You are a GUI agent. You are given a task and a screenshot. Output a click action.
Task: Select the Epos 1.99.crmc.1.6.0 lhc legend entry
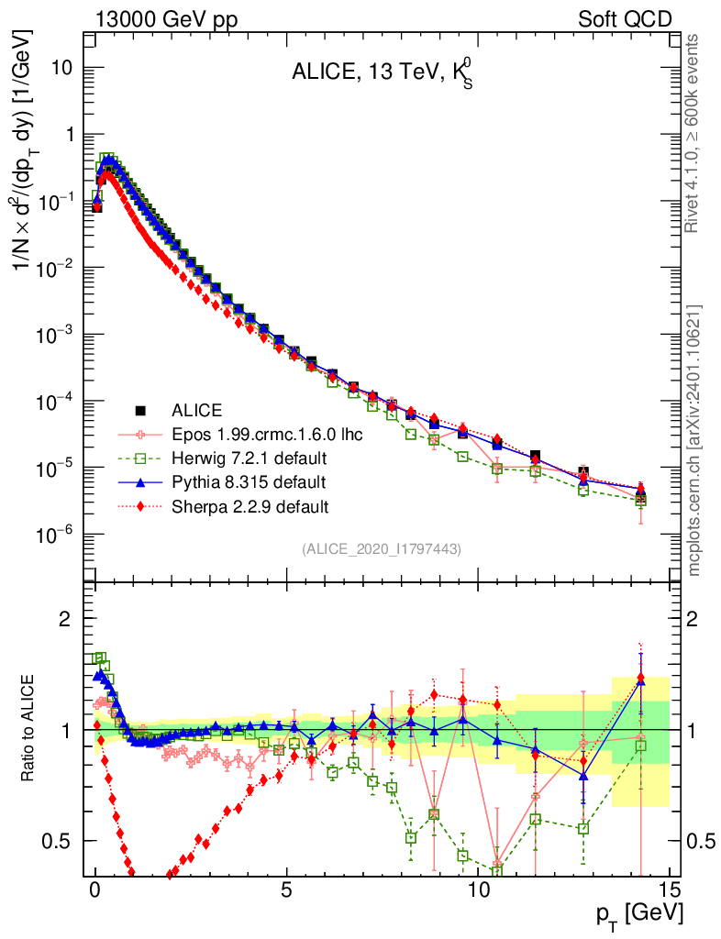[267, 434]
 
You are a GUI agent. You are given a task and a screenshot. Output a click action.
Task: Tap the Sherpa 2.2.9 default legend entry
[250, 505]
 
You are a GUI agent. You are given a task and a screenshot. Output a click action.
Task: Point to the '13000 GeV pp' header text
[150, 18]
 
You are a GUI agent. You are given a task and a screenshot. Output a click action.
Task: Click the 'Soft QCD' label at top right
[624, 18]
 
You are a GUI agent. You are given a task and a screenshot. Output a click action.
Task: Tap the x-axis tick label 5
[287, 889]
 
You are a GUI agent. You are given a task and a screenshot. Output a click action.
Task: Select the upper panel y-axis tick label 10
[61, 69]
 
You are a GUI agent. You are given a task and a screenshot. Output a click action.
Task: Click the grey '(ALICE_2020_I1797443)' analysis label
[381, 548]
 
